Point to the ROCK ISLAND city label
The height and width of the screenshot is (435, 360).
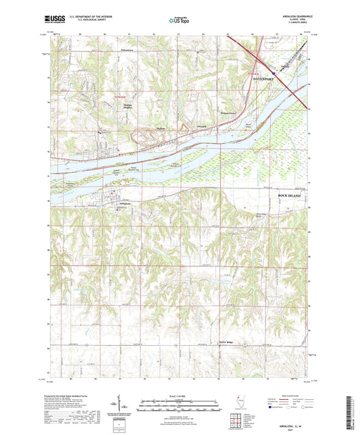tap(292, 195)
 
